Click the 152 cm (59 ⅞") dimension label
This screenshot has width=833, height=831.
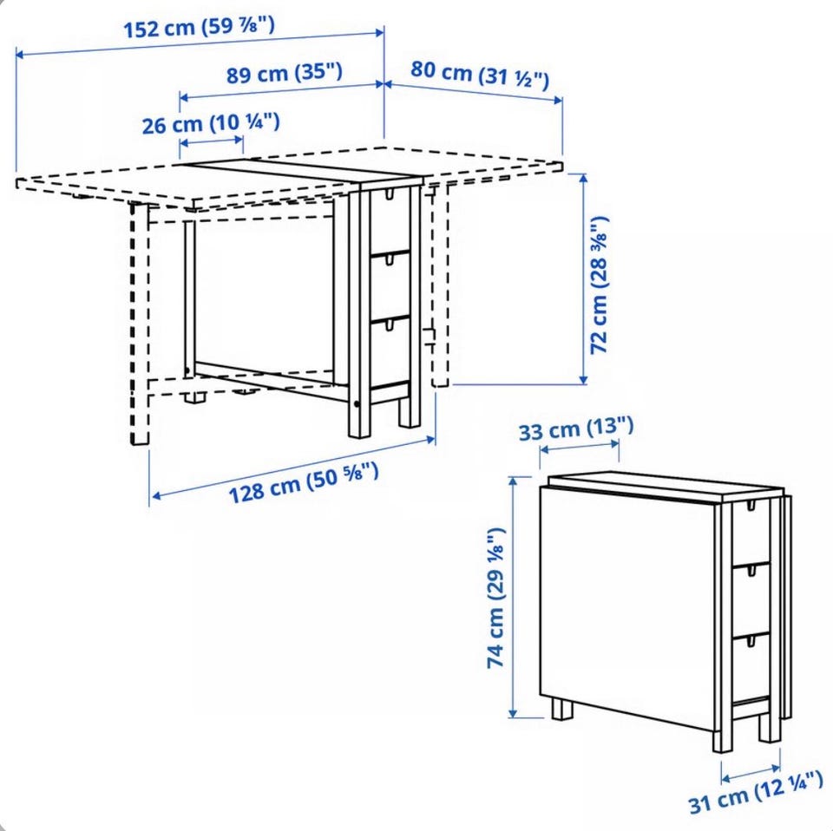[x=200, y=28]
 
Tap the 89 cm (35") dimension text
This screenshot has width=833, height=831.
[x=285, y=73]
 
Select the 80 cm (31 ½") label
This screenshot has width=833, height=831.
[x=479, y=75]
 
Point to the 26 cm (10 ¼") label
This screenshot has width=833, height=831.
[x=210, y=123]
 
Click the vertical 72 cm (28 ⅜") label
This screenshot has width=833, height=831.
[x=600, y=285]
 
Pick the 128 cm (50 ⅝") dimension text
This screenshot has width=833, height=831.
[x=304, y=481]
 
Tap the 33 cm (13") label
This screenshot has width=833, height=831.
[x=576, y=428]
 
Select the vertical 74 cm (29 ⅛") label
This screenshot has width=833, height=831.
[x=495, y=598]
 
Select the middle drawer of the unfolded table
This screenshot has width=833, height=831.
[x=390, y=287]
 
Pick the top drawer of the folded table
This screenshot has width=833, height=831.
[x=751, y=533]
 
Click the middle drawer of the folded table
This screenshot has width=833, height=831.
[x=751, y=600]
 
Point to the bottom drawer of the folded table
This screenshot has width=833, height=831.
[x=751, y=669]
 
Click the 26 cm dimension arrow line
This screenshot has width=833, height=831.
[x=212, y=141]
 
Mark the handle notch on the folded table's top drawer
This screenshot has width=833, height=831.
[x=751, y=507]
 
